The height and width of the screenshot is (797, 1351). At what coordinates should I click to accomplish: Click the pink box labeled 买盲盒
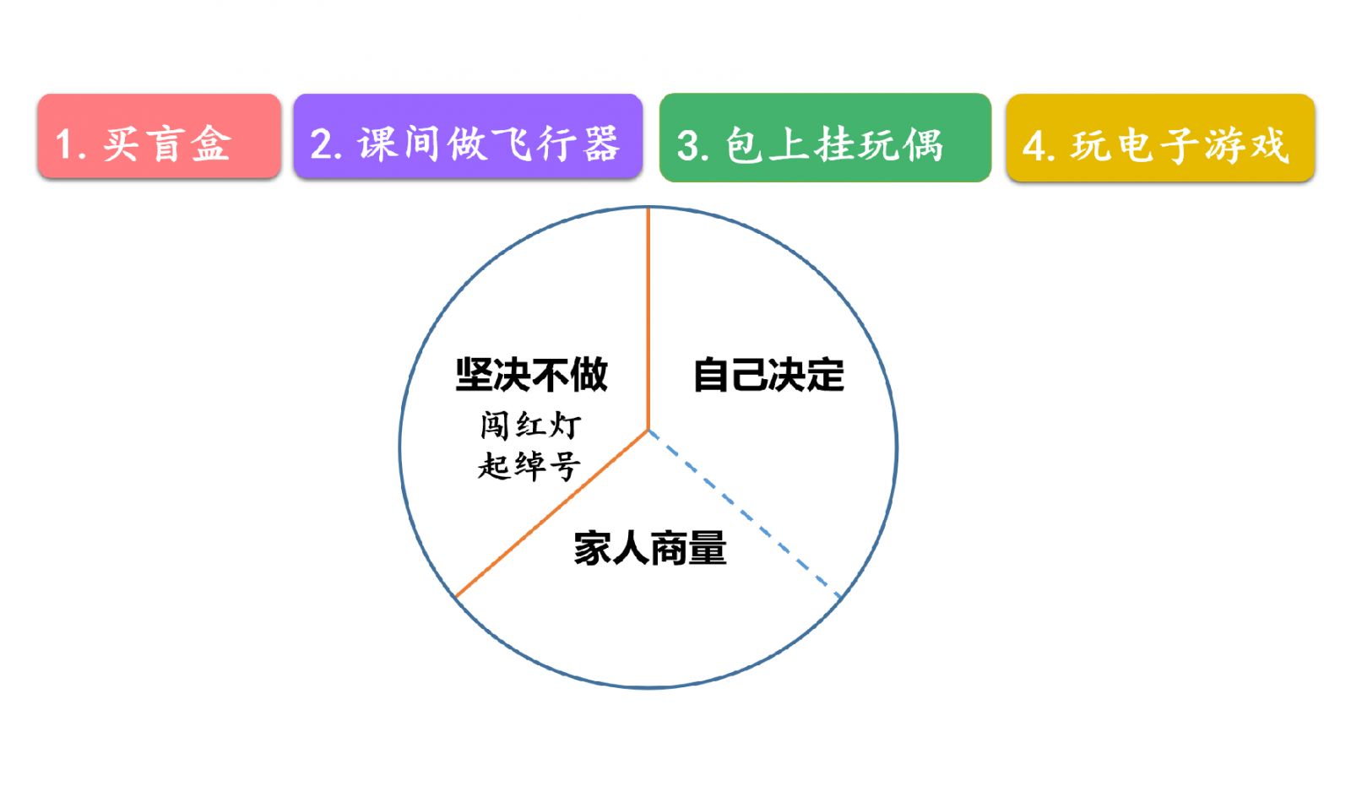tap(160, 136)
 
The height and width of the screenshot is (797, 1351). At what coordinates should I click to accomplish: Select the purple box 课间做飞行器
tap(468, 136)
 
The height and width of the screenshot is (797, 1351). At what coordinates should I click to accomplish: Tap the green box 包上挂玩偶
tap(825, 138)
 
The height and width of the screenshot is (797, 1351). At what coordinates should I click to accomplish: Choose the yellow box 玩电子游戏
tap(1160, 138)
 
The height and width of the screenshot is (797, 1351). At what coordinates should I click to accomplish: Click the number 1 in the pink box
tap(64, 144)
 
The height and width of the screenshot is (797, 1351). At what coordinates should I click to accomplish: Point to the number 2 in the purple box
tap(322, 144)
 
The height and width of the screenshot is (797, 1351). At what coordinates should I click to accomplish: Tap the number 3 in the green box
tap(688, 146)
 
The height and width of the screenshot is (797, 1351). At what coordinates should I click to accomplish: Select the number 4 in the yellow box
tap(1034, 146)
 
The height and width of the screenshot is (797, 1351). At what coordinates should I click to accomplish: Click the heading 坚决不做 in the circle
tap(531, 375)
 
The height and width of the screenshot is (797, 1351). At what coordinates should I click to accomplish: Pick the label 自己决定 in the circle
tap(769, 375)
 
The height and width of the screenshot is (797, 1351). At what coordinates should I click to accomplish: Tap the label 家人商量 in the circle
tap(650, 548)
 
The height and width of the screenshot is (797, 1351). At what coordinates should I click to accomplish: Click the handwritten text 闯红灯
tap(531, 426)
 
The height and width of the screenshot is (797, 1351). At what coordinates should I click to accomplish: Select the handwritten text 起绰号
tap(529, 466)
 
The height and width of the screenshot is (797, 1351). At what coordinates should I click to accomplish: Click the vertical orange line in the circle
tap(648, 319)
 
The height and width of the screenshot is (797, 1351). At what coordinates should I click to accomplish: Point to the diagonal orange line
tap(552, 513)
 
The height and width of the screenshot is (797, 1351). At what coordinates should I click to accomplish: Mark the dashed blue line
tap(745, 513)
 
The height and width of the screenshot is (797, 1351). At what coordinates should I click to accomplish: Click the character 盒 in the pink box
tap(211, 144)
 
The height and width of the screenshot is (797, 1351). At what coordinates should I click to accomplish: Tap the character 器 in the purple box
tap(601, 144)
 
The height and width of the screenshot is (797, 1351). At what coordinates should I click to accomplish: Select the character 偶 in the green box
tap(924, 145)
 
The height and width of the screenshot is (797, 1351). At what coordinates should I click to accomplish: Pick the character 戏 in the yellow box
tap(1270, 145)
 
